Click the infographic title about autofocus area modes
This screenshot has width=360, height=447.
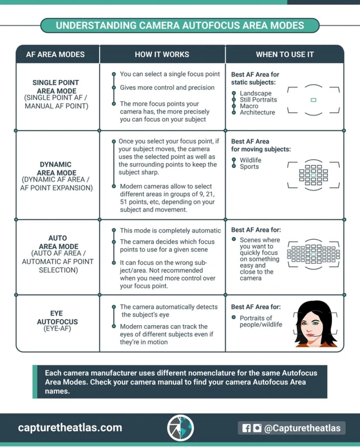[179, 25]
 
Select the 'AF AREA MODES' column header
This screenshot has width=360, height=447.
[55, 54]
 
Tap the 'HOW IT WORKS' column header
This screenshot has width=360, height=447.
[162, 54]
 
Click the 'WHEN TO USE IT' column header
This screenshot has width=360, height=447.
[285, 54]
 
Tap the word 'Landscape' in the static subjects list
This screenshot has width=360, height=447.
[255, 93]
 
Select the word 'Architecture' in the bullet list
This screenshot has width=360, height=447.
[257, 112]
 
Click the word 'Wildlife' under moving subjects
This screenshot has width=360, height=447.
[250, 160]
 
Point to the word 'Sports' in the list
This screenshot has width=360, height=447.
[249, 167]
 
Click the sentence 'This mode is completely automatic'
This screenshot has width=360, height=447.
[170, 231]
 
